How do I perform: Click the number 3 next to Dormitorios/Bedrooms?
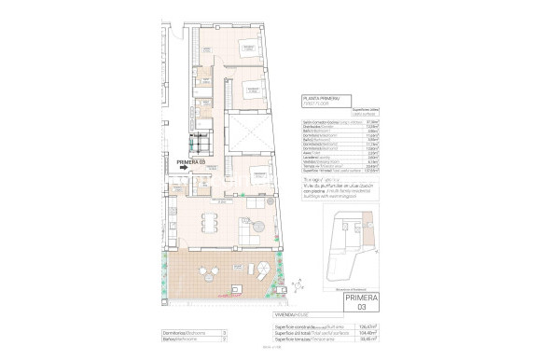[225, 332]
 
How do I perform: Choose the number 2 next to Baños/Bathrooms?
[225, 339]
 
